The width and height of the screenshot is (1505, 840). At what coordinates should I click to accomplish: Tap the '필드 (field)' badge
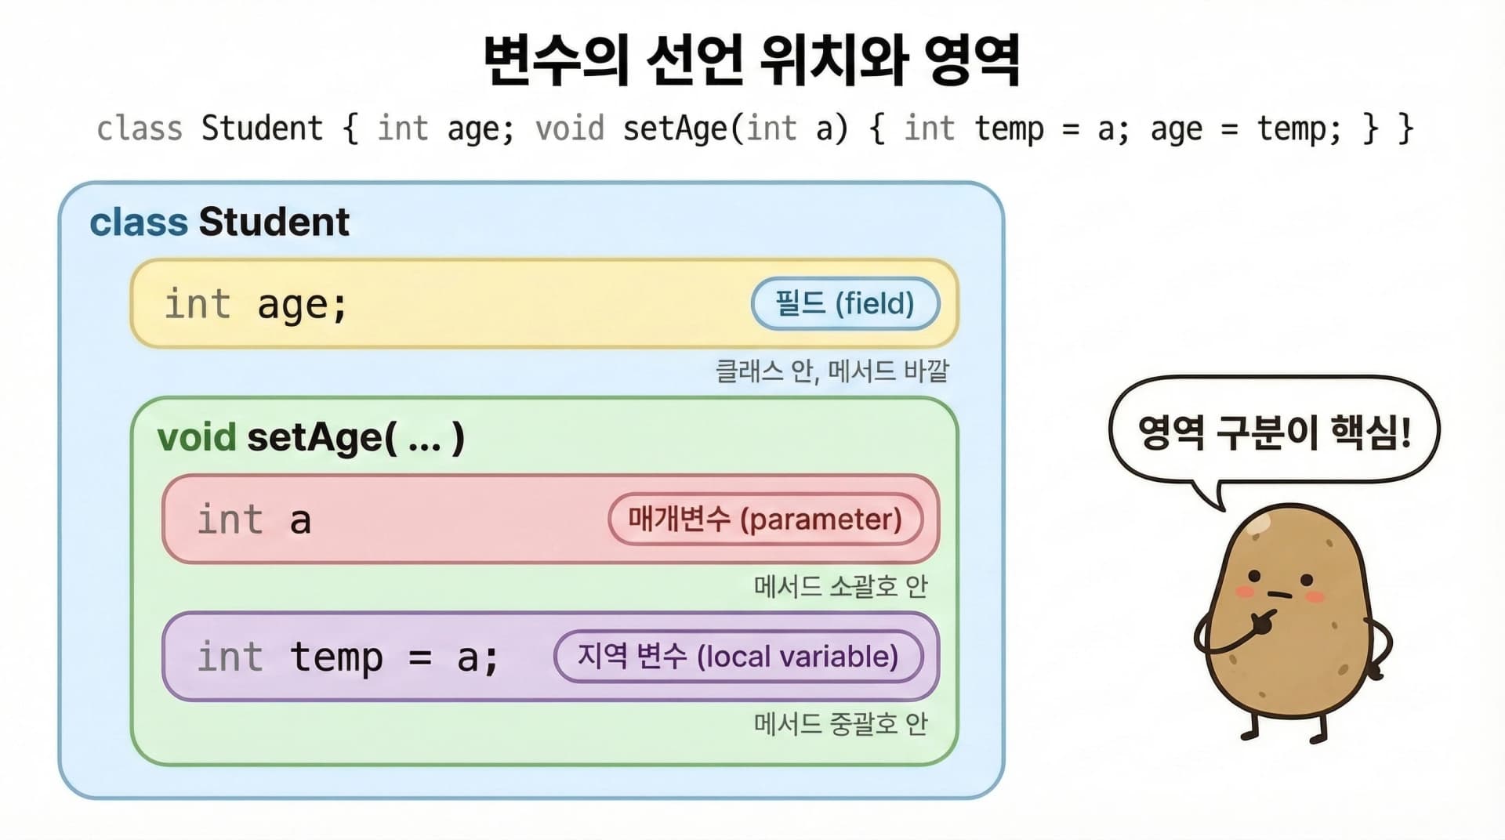pos(845,303)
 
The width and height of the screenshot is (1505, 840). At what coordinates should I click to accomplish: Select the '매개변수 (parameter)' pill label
pos(765,519)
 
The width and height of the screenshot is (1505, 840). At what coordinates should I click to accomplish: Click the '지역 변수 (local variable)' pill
pos(738,656)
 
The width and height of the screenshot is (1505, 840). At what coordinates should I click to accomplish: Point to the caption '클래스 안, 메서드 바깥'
pos(832,371)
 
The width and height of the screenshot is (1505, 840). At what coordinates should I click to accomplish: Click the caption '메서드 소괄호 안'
pos(840,586)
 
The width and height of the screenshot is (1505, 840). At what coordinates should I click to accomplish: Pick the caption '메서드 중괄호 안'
pos(840,723)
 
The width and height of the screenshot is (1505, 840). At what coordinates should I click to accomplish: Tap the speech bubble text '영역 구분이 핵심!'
pos(1274,433)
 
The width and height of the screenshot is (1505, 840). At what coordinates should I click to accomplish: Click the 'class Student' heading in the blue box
pos(219,222)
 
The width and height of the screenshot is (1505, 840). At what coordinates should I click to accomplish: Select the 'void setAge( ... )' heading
pos(310,437)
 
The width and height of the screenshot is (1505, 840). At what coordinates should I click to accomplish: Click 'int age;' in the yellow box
pos(256,304)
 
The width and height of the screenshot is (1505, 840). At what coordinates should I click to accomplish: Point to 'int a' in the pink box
pos(254,520)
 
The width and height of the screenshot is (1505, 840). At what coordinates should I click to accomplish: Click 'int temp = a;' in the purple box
pos(347,657)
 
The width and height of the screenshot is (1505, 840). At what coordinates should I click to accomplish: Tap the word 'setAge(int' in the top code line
pos(709,129)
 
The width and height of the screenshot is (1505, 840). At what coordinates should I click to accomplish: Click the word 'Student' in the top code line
pos(262,129)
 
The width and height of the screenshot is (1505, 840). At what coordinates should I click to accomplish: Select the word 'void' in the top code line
pos(570,129)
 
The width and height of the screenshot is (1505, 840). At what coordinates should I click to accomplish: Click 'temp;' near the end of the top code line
pos(1299,129)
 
